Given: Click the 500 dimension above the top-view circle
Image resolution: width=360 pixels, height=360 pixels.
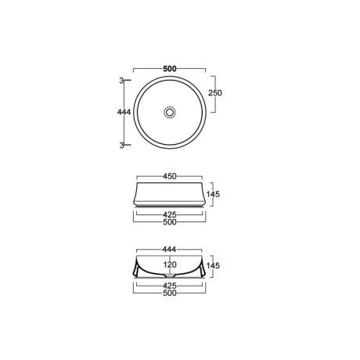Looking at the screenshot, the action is pyautogui.click(x=170, y=69).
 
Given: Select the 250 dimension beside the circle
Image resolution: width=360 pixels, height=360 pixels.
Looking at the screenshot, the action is pyautogui.click(x=215, y=93).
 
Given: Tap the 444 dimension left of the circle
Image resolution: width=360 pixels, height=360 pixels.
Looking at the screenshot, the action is pyautogui.click(x=124, y=112).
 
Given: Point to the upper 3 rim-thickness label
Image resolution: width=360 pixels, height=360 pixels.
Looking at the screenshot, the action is pyautogui.click(x=121, y=81).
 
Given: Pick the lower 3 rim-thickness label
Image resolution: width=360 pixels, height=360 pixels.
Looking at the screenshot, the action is pyautogui.click(x=121, y=146).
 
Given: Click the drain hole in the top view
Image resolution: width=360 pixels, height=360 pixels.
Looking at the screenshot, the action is pyautogui.click(x=170, y=113).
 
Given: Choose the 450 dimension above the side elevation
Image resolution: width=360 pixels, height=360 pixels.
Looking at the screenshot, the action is pyautogui.click(x=170, y=176).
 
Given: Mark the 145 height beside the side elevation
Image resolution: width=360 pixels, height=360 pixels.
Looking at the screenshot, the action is pyautogui.click(x=213, y=194).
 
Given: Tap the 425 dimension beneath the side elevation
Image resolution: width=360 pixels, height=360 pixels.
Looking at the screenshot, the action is pyautogui.click(x=170, y=215).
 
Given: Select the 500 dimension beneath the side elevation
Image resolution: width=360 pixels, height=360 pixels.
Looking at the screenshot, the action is pyautogui.click(x=170, y=222).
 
